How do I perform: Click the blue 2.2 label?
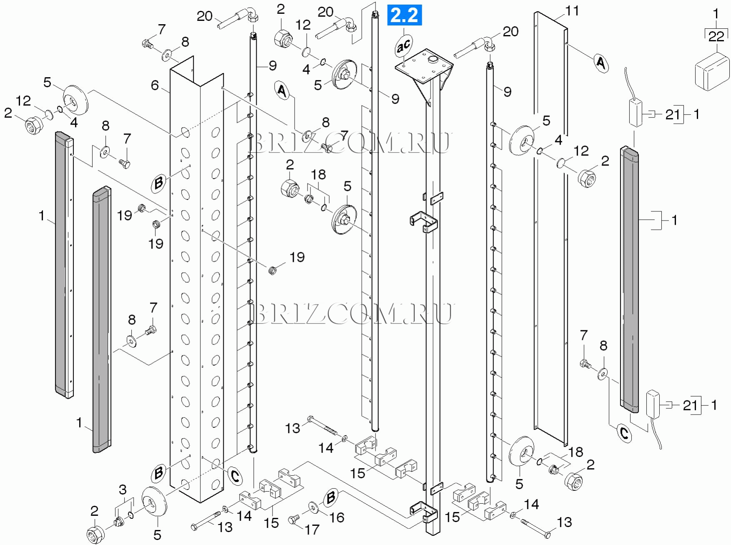click(x=404, y=15)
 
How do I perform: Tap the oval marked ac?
click(x=403, y=45)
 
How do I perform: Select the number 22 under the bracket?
click(x=716, y=36)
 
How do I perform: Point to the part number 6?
click(x=155, y=85)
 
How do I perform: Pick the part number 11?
click(x=572, y=11)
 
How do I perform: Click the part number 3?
click(x=123, y=489)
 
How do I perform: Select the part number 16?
click(x=336, y=517)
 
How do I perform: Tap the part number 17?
click(x=312, y=530)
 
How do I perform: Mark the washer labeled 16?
click(x=313, y=506)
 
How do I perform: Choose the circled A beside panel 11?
click(x=601, y=63)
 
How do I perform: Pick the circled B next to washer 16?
click(x=330, y=498)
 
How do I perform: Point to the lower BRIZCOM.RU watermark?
click(x=352, y=313)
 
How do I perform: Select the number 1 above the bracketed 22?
click(x=716, y=14)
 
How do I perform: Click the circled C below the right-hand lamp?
click(x=624, y=434)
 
